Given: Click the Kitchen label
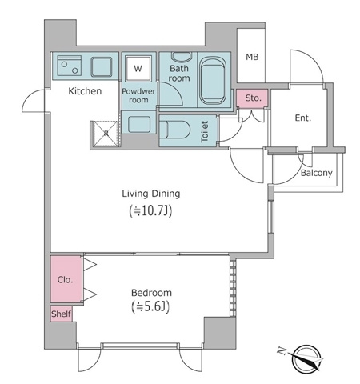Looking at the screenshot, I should click(x=85, y=91).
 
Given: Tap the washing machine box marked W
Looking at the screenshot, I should click(x=138, y=68).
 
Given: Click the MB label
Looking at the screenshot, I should click(x=252, y=57).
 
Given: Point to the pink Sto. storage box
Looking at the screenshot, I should click(x=253, y=98).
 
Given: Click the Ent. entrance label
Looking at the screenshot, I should click(x=302, y=118).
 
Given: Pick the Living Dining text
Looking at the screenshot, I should click(x=150, y=194).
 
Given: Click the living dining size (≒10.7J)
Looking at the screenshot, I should click(x=150, y=211).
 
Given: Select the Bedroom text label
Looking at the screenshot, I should click(x=150, y=292).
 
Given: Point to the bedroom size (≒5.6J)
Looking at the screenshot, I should click(x=150, y=308).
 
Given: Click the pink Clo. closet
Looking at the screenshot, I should click(x=66, y=280).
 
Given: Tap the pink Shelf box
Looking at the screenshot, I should click(x=62, y=314).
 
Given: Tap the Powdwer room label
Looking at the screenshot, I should click(x=138, y=96).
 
